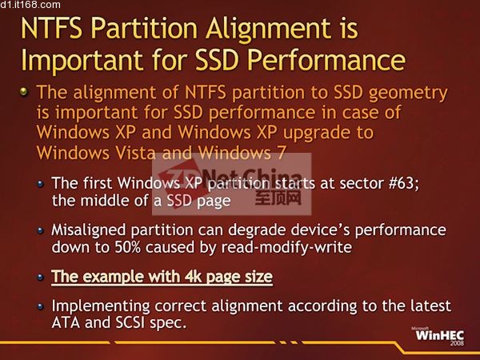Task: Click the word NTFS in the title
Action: [x=51, y=28]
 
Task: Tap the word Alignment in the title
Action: [x=268, y=30]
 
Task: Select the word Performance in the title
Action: [x=326, y=59]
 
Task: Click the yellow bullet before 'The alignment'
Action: [x=24, y=91]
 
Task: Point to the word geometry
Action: [x=408, y=94]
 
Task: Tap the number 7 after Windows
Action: [x=282, y=153]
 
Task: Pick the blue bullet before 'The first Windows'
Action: [x=41, y=184]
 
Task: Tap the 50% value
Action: [x=128, y=247]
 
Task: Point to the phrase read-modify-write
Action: [x=286, y=247]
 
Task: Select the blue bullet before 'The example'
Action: [x=41, y=278]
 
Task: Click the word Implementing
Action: [x=101, y=306]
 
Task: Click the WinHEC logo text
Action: [x=439, y=335]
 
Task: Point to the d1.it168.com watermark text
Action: [x=30, y=5]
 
